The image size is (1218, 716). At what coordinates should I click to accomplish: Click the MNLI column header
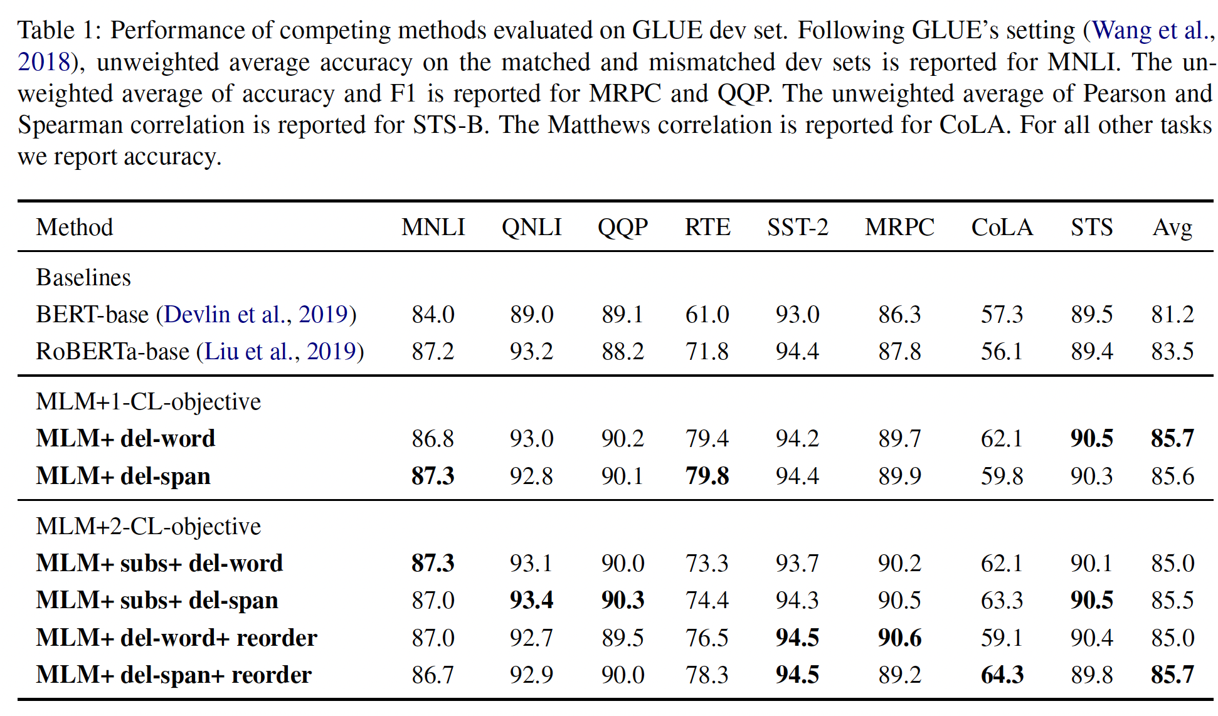433,227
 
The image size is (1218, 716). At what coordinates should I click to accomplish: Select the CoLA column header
1002,227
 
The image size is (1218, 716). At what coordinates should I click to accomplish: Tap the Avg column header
1172,227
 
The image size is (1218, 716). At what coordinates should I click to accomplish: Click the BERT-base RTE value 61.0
707,314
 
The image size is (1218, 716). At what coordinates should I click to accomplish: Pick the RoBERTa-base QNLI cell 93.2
531,351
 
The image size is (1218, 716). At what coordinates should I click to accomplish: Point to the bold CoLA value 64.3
1002,675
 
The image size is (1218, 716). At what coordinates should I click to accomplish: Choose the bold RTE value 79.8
707,476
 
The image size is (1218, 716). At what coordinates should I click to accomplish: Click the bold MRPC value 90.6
899,638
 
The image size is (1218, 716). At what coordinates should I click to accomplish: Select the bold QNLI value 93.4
531,600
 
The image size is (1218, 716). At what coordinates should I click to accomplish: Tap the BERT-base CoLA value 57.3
1002,314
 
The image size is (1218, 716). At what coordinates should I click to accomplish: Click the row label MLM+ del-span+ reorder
174,675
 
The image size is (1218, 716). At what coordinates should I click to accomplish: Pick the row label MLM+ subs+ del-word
159,563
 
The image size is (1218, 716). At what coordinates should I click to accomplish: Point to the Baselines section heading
83,277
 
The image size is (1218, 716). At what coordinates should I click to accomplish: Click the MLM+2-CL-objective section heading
148,526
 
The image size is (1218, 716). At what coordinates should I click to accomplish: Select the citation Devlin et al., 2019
256,314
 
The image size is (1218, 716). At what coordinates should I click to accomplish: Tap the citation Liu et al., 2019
280,351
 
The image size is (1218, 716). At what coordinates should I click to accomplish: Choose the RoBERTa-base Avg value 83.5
1172,351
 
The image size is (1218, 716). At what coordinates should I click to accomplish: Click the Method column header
75,227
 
